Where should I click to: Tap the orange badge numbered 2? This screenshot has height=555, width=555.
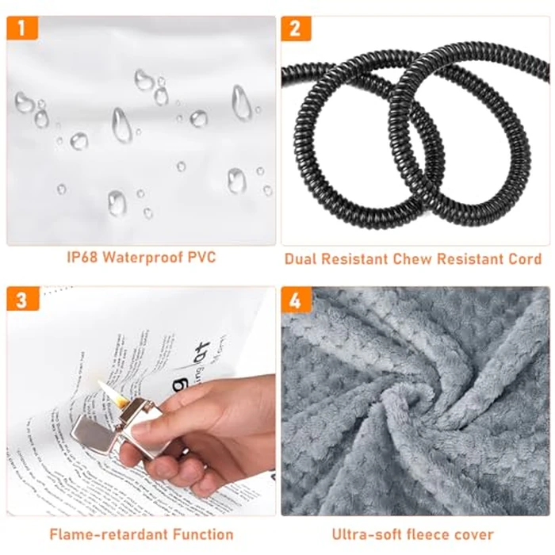[296, 29]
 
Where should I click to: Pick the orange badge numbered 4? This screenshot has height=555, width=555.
[296, 300]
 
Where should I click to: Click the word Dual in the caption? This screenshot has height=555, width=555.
[302, 258]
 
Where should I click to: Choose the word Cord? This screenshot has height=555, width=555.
[524, 258]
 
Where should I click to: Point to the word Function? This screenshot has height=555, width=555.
[201, 534]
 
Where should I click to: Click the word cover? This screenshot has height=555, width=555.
[477, 534]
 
